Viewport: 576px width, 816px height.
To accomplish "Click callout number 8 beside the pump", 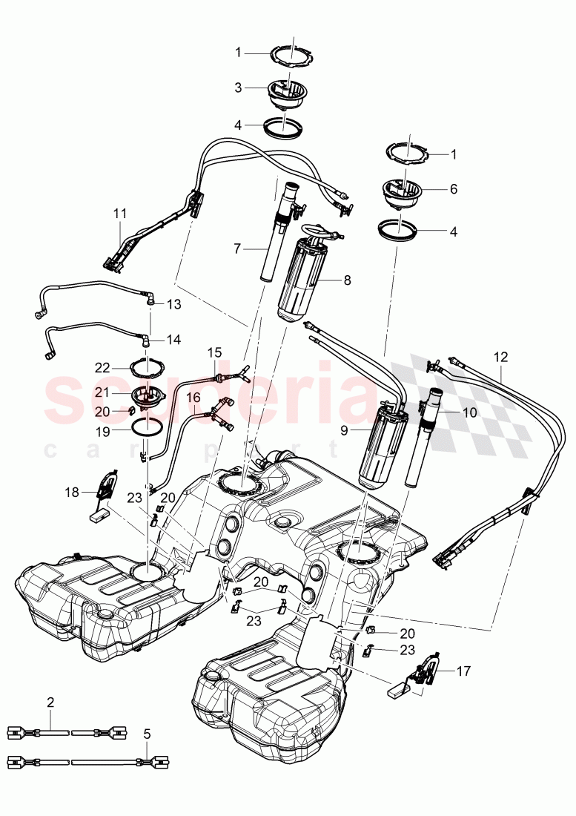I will (x=347, y=280).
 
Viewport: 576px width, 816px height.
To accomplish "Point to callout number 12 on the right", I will (x=501, y=357).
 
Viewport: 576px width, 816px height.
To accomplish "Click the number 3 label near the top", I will (x=238, y=88).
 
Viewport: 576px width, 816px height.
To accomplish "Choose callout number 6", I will (x=453, y=189).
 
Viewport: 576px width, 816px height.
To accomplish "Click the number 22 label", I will (x=103, y=366).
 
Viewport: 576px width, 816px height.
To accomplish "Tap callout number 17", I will (x=463, y=671).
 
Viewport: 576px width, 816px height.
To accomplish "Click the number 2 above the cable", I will (x=50, y=701).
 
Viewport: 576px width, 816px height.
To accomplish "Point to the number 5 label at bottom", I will (x=147, y=734).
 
